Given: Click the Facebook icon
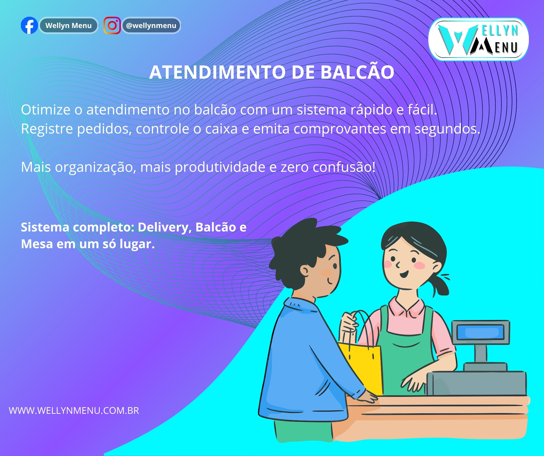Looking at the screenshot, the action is point(29,25).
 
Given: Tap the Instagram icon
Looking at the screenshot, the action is point(112,25).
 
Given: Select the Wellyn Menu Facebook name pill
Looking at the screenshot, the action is point(69,25).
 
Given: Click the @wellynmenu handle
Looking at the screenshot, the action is point(151,25).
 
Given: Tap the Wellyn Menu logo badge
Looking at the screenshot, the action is point(478,39).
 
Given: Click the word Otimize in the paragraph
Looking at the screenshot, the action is point(46,110).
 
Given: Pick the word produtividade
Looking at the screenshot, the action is point(220,167).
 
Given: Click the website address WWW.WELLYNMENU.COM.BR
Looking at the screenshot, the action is point(74,411).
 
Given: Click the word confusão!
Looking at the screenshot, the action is point(344,167).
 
